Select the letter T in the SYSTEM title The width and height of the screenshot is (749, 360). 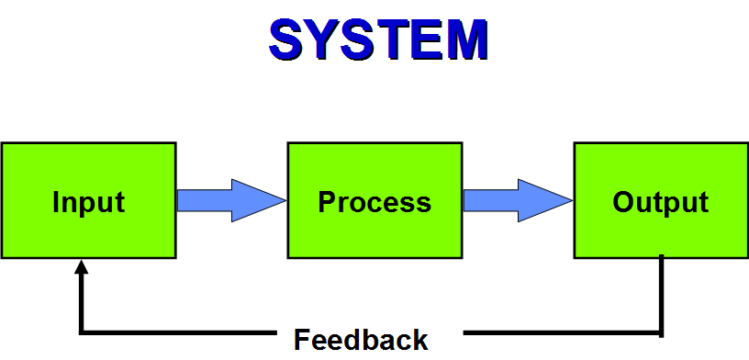(x=395, y=39)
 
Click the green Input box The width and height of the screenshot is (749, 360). (x=88, y=200)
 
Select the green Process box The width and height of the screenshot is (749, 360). (x=374, y=200)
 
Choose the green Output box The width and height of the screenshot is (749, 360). (x=661, y=200)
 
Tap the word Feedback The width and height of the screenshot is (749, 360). (x=361, y=340)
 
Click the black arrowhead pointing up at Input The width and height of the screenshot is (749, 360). (x=82, y=267)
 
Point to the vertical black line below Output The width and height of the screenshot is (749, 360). (x=662, y=294)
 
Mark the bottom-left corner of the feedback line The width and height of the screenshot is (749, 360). (x=83, y=331)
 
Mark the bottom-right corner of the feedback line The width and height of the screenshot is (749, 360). (x=661, y=331)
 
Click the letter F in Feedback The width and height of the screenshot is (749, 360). (x=302, y=340)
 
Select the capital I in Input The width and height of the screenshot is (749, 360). (x=56, y=202)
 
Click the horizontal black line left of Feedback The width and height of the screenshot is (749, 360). (x=184, y=331)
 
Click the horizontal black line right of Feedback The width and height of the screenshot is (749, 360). (x=560, y=331)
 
